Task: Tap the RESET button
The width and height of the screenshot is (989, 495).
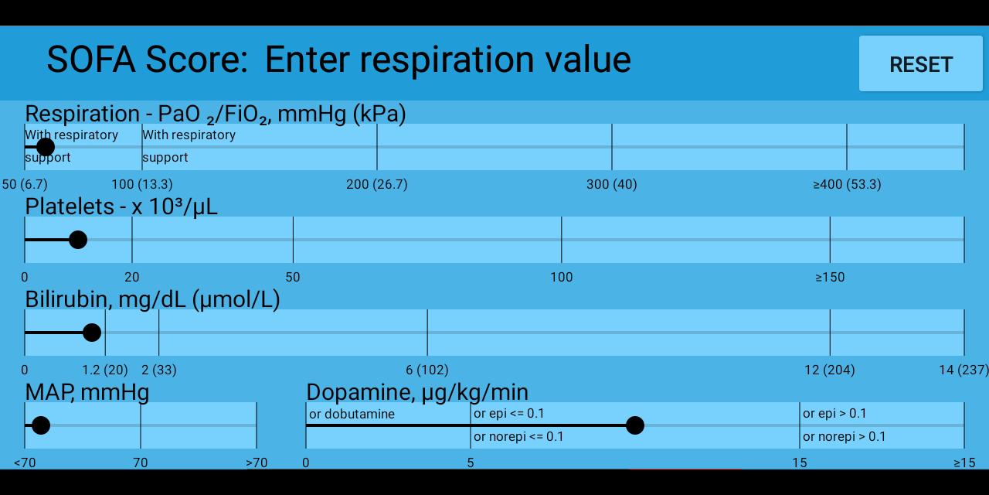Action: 920,63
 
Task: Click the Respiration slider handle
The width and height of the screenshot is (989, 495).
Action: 46,147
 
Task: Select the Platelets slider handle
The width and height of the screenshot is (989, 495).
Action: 78,240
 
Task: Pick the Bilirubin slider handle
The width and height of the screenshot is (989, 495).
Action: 92,333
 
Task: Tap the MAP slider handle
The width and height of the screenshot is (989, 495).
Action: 41,425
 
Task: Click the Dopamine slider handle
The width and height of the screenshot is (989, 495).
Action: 635,425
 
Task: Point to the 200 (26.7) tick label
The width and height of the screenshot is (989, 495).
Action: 376,184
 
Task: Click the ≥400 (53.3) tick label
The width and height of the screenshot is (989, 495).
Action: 847,184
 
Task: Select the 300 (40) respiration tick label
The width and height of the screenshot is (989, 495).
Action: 611,184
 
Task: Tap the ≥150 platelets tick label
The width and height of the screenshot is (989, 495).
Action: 830,277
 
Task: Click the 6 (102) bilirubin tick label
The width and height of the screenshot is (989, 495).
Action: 427,370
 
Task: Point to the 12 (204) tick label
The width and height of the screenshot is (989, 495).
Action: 830,370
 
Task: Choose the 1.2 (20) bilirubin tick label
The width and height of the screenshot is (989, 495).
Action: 105,370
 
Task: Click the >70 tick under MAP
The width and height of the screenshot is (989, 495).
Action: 257,463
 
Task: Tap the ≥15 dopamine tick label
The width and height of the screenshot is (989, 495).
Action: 964,463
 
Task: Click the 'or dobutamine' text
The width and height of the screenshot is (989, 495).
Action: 352,414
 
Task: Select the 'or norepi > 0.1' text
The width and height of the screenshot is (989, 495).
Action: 845,437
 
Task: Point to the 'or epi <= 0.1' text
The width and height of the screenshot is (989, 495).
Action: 508,414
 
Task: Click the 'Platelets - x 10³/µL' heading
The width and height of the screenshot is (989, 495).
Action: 121,207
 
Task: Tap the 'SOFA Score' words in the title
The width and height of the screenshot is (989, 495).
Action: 148,60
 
